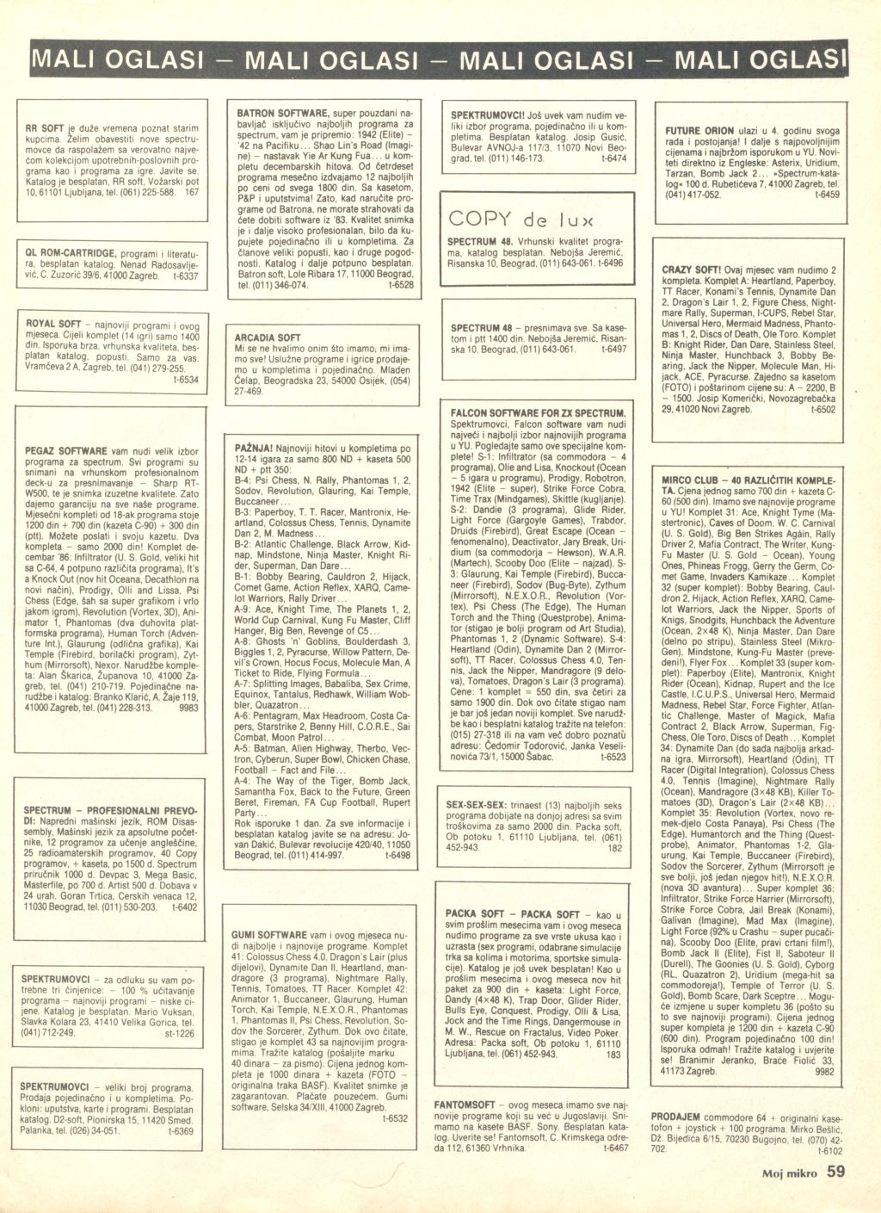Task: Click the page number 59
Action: [837, 1171]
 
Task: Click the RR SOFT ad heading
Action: [43, 128]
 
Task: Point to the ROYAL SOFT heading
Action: [53, 324]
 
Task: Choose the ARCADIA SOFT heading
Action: [268, 338]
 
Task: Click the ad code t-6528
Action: [400, 284]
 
